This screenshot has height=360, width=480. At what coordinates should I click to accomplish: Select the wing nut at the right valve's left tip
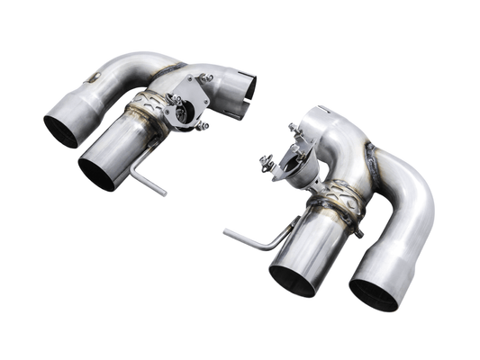266,165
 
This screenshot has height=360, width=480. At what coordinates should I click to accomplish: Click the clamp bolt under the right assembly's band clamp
358,231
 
